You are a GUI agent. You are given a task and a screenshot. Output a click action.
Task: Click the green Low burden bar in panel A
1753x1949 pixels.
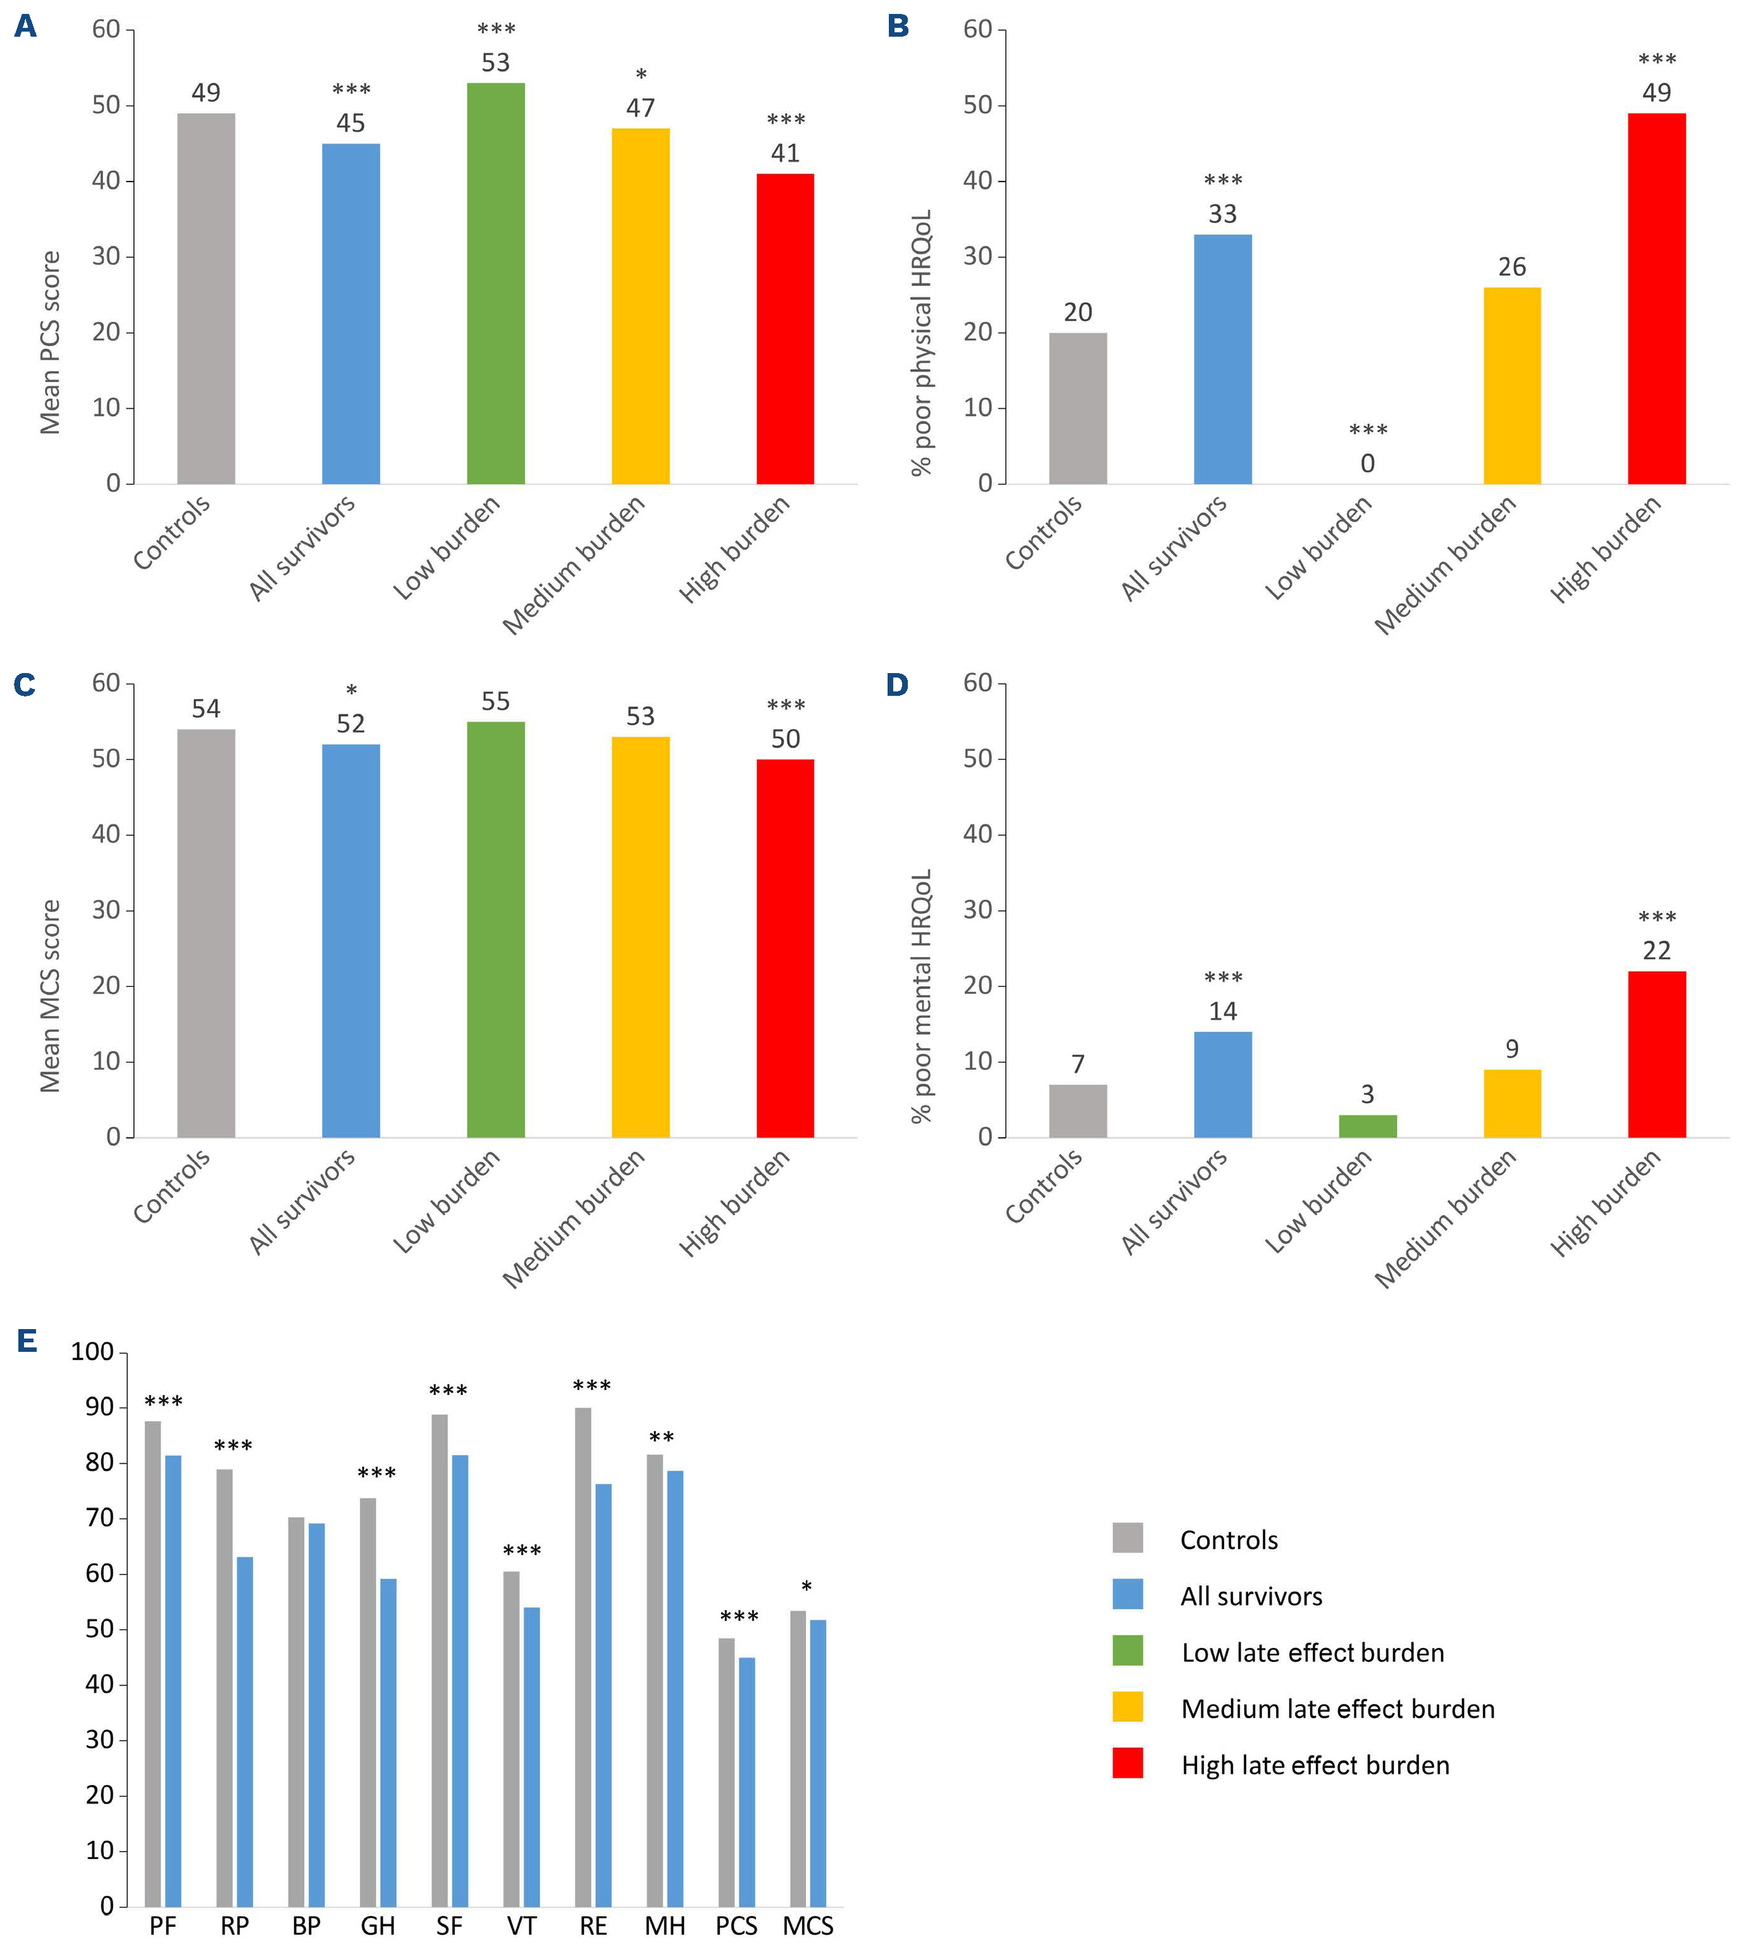(495, 284)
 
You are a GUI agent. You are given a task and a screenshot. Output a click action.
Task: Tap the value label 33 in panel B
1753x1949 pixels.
(1222, 214)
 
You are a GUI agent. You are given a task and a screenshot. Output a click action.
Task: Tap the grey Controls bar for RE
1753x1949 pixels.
(583, 1656)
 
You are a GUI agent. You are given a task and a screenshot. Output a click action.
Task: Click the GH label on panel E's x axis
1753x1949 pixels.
(378, 1926)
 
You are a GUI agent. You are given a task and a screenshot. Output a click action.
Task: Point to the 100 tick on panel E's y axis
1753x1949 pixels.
(92, 1351)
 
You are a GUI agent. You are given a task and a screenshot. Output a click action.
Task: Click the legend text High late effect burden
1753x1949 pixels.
(1315, 1765)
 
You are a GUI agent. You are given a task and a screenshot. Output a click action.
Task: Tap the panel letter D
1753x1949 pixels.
(896, 684)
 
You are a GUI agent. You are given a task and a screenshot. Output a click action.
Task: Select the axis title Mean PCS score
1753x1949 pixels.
(50, 343)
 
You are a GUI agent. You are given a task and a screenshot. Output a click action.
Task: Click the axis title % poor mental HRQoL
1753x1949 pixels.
(922, 997)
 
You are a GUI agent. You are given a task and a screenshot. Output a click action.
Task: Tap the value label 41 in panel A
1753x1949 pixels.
(785, 153)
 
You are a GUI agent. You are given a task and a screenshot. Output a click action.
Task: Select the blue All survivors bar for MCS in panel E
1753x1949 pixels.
(818, 1762)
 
